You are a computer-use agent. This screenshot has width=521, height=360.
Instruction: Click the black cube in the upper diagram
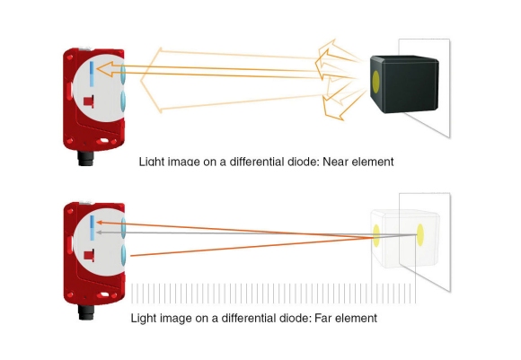(404, 84)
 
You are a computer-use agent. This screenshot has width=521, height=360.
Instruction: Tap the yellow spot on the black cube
(375, 82)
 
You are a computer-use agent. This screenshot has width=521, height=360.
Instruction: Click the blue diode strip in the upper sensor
(92, 74)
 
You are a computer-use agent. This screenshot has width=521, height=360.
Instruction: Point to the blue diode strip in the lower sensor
(93, 228)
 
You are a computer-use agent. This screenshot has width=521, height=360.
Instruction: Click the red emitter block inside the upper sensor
(89, 101)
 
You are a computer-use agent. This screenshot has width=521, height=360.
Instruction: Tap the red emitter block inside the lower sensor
(90, 255)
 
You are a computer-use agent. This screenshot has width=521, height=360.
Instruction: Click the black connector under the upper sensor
(86, 158)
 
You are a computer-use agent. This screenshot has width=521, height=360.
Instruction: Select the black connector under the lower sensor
(86, 312)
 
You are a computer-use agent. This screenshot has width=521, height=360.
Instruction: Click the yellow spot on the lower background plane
(420, 235)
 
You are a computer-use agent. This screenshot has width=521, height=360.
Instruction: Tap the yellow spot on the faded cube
(376, 236)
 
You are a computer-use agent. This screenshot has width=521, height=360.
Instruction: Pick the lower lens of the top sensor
(123, 101)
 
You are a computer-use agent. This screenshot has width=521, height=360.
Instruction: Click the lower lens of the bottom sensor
(124, 255)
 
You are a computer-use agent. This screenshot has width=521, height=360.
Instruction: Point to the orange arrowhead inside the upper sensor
(103, 69)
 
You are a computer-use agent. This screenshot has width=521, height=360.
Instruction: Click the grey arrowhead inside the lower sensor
(98, 233)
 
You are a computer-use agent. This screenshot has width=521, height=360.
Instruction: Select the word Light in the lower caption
(144, 318)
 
